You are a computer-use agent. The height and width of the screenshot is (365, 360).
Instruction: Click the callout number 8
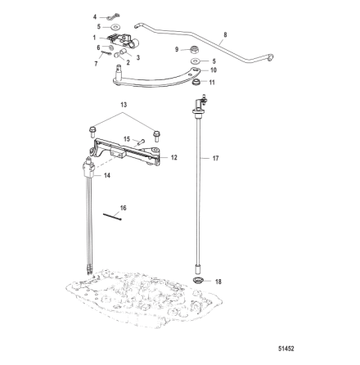point(225,35)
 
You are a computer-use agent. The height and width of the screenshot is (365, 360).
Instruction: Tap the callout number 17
point(215,158)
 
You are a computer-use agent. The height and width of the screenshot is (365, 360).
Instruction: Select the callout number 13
point(124,105)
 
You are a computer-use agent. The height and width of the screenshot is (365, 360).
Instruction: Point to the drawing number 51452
point(286,349)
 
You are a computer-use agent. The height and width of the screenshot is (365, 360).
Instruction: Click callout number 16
point(124,208)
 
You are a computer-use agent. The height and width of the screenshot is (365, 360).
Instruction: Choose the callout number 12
point(174,158)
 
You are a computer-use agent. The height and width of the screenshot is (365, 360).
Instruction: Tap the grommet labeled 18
point(199,280)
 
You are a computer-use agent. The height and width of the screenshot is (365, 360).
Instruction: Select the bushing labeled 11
point(196,82)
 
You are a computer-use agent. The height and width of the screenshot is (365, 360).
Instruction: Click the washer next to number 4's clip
point(116,27)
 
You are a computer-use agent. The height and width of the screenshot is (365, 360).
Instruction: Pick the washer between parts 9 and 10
point(196,61)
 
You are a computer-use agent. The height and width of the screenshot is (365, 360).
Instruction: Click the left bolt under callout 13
point(92,131)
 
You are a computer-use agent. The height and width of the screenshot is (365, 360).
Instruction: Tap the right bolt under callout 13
point(156,136)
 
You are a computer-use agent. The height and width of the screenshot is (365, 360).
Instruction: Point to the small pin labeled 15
point(141,142)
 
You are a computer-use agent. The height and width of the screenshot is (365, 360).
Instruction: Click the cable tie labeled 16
point(112,217)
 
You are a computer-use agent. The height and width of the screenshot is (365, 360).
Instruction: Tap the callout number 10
point(214,70)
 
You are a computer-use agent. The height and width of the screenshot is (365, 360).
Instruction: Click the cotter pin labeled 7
point(106,53)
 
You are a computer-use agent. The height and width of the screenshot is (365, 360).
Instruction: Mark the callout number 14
point(107,175)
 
